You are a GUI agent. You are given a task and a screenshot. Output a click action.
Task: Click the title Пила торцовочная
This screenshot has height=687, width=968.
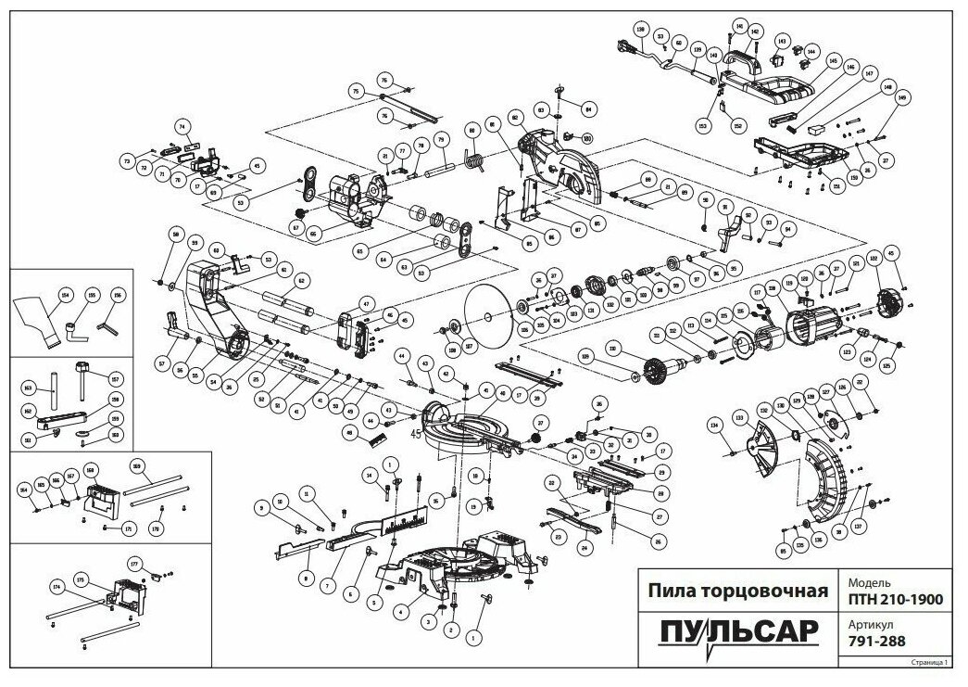pyautogui.click(x=736, y=591)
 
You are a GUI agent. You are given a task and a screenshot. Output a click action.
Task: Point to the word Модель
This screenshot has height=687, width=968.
pyautogui.click(x=865, y=580)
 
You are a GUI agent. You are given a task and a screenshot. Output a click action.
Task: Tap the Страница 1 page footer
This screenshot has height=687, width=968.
pyautogui.click(x=930, y=663)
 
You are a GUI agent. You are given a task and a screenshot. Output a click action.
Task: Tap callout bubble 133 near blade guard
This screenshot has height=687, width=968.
pyautogui.click(x=739, y=419)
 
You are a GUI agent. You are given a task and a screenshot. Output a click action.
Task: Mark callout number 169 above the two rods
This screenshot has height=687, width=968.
pyautogui.click(x=137, y=465)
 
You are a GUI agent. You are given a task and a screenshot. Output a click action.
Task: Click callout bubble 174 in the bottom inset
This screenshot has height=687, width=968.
pyautogui.click(x=57, y=587)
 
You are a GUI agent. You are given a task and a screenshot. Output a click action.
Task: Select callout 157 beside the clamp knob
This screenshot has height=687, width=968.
pyautogui.click(x=116, y=377)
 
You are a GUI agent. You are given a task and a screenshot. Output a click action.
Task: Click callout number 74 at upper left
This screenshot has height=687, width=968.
pyautogui.click(x=182, y=126)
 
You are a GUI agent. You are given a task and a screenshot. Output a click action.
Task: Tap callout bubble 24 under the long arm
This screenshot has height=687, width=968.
pyautogui.click(x=585, y=547)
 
